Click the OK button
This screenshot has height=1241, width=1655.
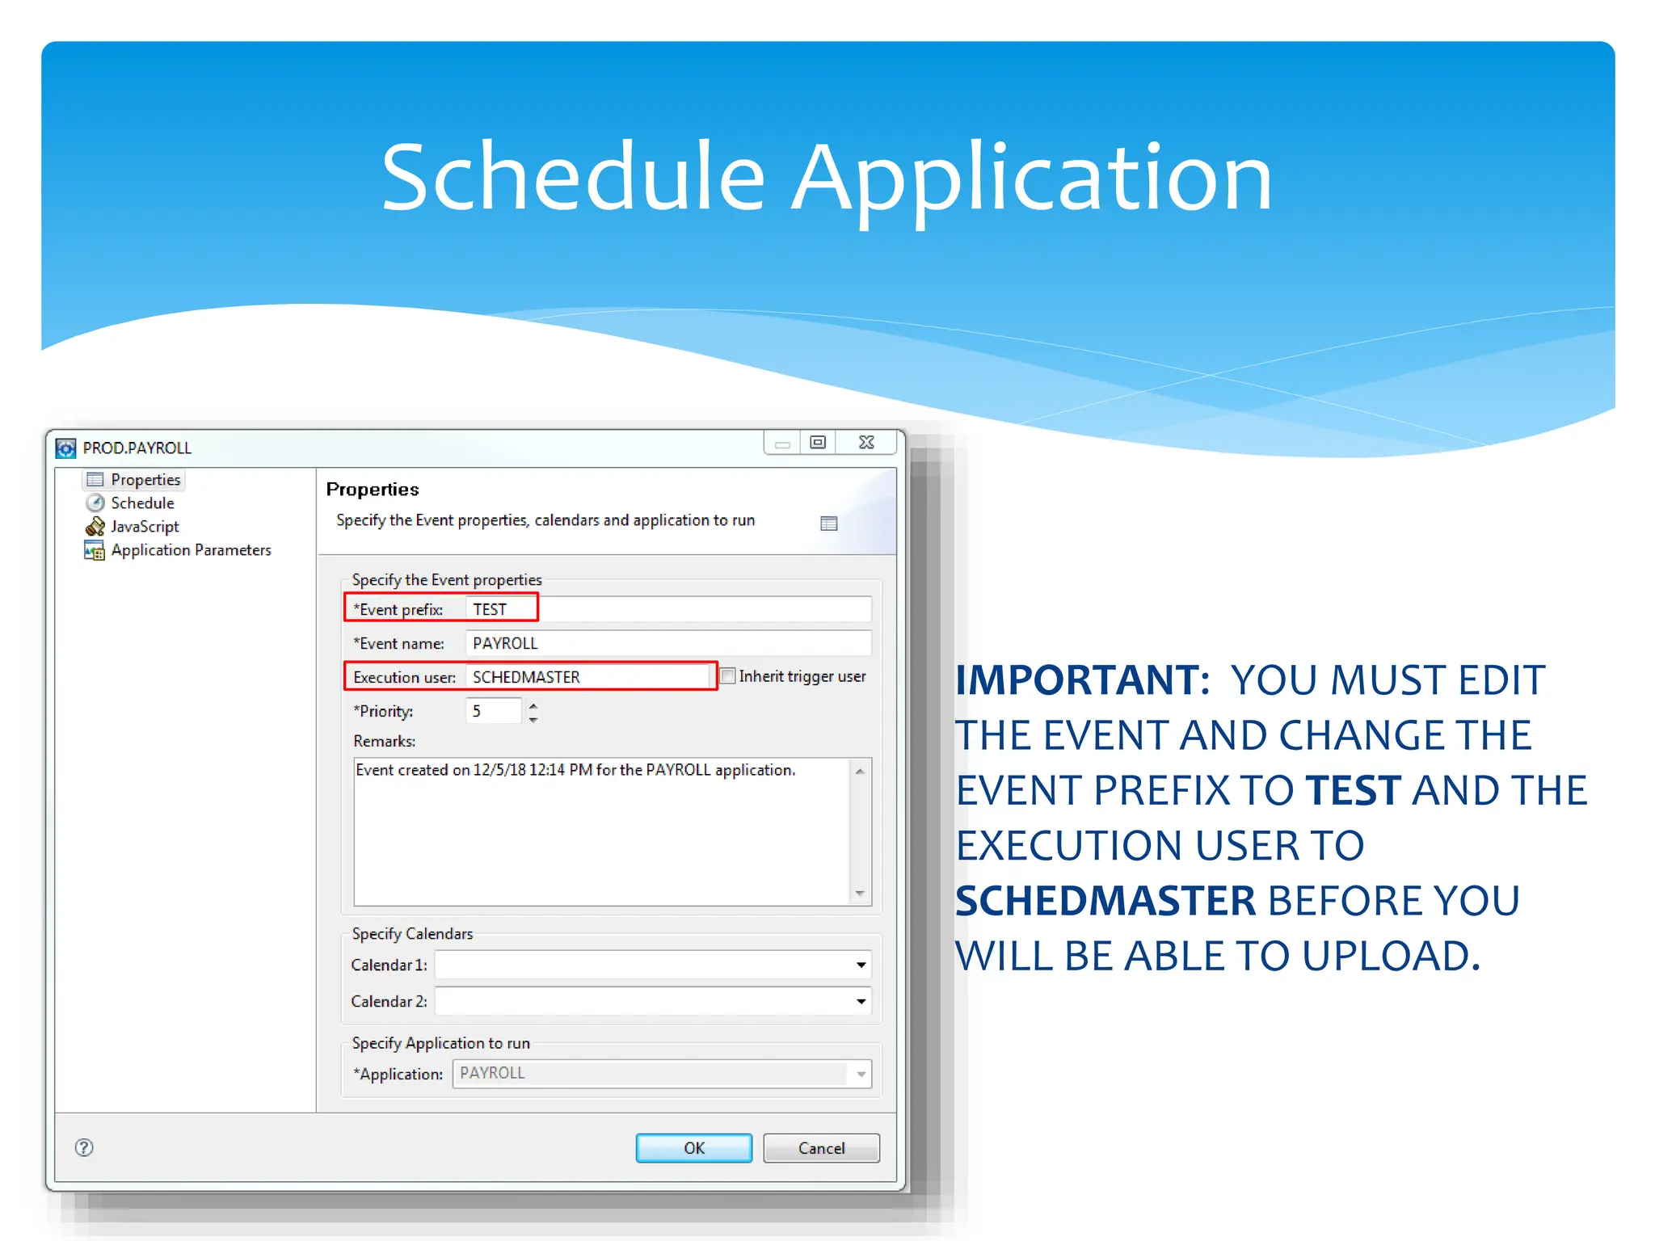tap(693, 1147)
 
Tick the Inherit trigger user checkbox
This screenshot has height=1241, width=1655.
tap(728, 676)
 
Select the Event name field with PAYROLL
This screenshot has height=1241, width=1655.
tap(667, 643)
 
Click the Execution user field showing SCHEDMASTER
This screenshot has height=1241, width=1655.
tap(590, 677)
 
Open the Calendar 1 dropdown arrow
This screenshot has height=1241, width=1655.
tap(861, 965)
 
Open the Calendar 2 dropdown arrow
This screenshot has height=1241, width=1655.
tap(861, 1002)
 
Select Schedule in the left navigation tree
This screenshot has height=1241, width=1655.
tap(142, 503)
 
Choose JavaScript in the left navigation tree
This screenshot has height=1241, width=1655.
tap(145, 527)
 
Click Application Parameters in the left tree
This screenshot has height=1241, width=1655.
tap(191, 550)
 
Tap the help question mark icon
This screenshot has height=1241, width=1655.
tap(84, 1147)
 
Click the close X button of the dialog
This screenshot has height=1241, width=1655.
tap(866, 443)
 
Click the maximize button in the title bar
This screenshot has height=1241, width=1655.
tap(818, 443)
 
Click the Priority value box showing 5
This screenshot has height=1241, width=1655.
tap(493, 711)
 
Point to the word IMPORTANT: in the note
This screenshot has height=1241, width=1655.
tap(1082, 680)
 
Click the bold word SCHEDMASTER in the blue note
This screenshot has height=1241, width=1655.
tap(1105, 901)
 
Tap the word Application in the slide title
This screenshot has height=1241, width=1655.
tap(1031, 178)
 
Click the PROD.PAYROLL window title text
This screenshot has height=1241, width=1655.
tap(137, 448)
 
